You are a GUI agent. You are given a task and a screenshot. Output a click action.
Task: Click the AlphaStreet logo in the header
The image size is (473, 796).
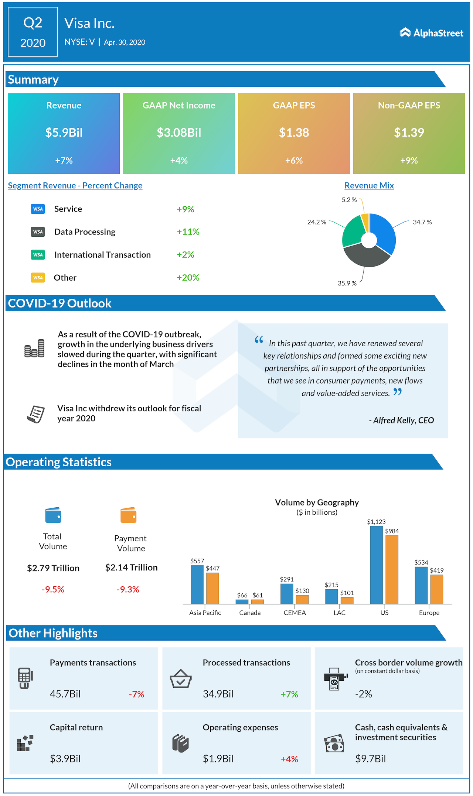(x=431, y=33)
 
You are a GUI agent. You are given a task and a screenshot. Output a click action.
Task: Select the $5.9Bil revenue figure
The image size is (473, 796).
(x=64, y=133)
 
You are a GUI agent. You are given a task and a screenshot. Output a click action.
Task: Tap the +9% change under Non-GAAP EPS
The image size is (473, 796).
(x=409, y=161)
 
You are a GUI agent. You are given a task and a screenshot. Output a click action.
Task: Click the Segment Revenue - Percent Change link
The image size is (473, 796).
(x=75, y=186)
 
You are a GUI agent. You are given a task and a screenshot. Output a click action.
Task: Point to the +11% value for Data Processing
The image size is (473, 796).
(x=188, y=232)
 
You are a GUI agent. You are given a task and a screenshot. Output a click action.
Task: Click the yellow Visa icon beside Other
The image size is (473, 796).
(x=38, y=278)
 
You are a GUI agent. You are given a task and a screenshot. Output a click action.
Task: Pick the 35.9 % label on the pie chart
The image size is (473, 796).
(x=347, y=284)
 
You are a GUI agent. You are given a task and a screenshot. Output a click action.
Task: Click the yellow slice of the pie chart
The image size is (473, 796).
(x=365, y=222)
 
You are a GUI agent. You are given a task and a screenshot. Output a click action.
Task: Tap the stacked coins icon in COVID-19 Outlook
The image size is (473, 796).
(x=34, y=349)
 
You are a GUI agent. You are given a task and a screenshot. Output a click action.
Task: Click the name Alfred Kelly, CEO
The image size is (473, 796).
(x=403, y=421)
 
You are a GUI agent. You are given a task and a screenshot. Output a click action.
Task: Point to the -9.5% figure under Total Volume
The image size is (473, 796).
(x=53, y=589)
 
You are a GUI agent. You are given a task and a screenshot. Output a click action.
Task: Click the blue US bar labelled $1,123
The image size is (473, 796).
(x=376, y=565)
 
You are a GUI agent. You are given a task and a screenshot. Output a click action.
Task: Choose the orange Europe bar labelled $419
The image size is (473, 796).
(x=436, y=589)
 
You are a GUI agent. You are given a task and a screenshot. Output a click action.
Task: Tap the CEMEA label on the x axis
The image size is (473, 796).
(x=295, y=613)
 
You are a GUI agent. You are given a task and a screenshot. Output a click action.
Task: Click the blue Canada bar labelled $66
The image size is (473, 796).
(x=242, y=602)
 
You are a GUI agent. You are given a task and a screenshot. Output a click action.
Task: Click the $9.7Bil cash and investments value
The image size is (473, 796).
(x=370, y=759)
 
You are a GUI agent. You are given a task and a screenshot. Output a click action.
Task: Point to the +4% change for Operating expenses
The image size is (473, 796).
(x=289, y=759)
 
